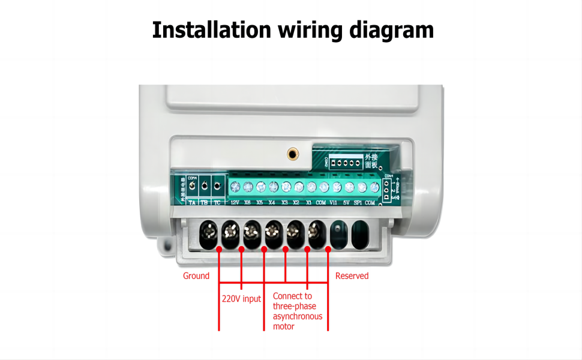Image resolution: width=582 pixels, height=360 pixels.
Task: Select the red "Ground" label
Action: tap(196, 276)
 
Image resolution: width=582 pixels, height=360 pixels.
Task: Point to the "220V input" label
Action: tap(241, 299)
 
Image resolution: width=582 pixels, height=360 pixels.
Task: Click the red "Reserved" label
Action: tap(352, 276)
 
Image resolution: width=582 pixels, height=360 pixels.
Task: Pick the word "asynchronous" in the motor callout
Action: tap(298, 316)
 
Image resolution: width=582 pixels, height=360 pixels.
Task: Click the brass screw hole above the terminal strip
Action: tap(292, 154)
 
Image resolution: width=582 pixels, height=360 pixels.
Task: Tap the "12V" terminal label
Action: tap(235, 203)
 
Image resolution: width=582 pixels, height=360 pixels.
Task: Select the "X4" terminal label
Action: tap(272, 203)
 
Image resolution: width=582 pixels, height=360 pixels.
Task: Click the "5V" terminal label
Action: tap(346, 203)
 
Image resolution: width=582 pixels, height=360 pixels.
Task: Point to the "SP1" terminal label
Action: tap(358, 203)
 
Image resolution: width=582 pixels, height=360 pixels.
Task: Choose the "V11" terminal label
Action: tap(334, 203)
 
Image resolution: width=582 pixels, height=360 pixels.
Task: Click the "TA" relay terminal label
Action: tap(192, 203)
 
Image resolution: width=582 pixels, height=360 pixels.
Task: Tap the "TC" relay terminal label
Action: tap(217, 203)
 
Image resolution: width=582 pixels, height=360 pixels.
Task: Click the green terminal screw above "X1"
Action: tap(311, 187)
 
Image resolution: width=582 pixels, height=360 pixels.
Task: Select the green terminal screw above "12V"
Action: tap(235, 187)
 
